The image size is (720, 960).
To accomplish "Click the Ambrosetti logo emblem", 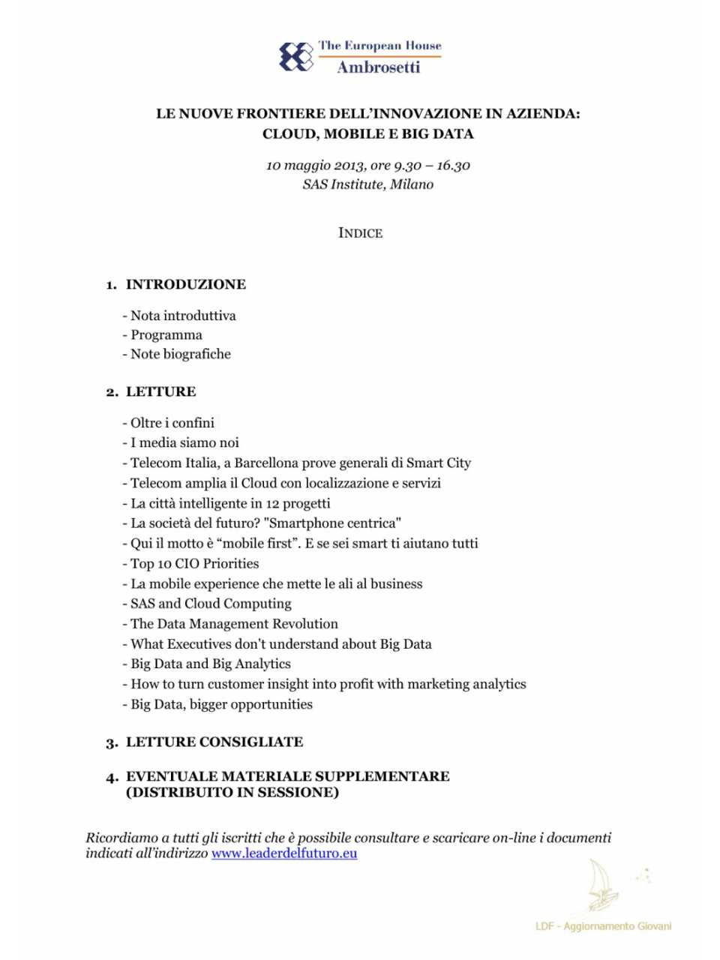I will click(x=295, y=57).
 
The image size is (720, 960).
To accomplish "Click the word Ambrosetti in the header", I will click(x=378, y=67).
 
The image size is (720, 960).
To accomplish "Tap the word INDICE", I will click(x=360, y=233).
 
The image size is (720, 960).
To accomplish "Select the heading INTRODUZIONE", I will click(x=185, y=284).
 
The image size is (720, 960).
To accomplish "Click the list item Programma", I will click(x=166, y=334).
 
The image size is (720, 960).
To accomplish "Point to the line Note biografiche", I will click(x=180, y=354).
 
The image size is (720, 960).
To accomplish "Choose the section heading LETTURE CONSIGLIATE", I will click(x=214, y=742).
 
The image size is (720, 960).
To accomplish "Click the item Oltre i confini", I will click(x=172, y=422).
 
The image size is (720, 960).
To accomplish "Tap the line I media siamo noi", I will click(x=184, y=442).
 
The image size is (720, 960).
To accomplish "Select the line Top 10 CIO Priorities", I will click(x=194, y=563).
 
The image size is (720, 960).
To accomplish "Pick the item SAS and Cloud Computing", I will click(x=211, y=603).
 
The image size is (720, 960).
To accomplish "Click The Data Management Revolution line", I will click(x=234, y=623).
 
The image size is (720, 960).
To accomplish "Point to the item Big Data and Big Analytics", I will click(x=210, y=664).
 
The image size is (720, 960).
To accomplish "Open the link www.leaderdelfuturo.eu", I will click(x=284, y=853).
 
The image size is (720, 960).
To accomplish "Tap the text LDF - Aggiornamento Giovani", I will click(x=603, y=926).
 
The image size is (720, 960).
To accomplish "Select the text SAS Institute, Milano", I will click(x=367, y=184).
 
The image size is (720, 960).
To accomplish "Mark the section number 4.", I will click(x=112, y=777).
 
